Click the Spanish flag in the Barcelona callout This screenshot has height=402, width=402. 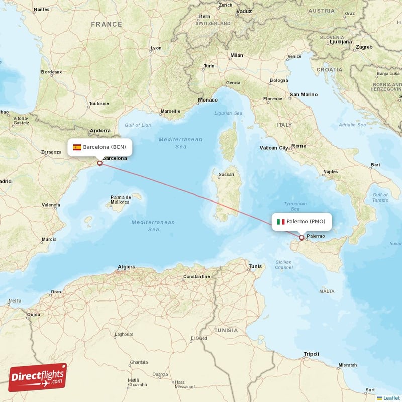[77, 147]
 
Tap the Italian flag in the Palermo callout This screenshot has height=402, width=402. [281, 222]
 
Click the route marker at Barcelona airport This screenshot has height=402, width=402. [99, 163]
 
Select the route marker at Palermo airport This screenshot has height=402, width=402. [301, 238]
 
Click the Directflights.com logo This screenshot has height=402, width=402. [38, 377]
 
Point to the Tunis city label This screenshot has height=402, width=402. [255, 266]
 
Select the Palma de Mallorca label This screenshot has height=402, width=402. [121, 199]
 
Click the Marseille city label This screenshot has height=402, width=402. [170, 111]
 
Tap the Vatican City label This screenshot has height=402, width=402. [274, 148]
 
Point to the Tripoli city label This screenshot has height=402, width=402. [311, 354]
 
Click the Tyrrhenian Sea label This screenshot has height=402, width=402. [295, 206]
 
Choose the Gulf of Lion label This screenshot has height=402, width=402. [138, 125]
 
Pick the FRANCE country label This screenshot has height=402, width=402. [107, 24]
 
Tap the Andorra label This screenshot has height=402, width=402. [100, 131]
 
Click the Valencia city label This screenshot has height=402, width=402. [51, 205]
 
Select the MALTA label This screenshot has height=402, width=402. [327, 291]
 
